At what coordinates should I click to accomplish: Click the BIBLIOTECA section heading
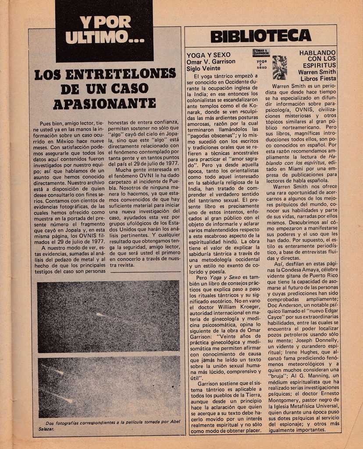coord(260,36)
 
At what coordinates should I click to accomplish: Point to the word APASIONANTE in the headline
coord(104,103)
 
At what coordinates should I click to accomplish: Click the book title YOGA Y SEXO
coord(208,55)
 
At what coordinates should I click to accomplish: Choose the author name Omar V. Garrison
coord(211,62)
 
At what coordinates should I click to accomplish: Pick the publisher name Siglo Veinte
coord(203,69)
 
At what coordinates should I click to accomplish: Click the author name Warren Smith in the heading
coord(317,72)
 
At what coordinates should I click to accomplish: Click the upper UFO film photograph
coord(108,316)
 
